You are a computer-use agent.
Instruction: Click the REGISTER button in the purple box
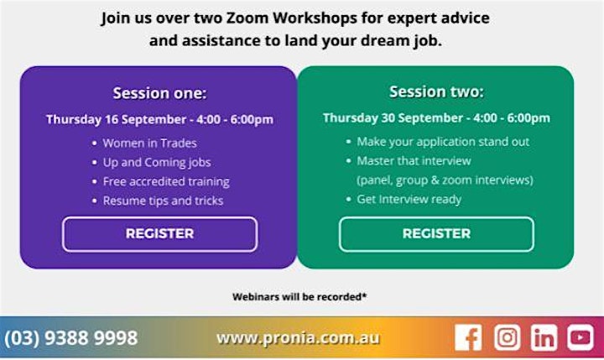pos(160,234)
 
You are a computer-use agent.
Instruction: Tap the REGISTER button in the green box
pos(436,234)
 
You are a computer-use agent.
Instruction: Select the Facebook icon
pos(468,337)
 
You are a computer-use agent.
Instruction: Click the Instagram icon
pos(508,337)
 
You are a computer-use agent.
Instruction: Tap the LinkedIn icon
pos(544,337)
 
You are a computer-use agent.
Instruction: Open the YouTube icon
pos(581,337)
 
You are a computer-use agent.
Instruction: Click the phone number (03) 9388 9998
pos(70,338)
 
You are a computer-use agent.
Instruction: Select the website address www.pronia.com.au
pos(298,338)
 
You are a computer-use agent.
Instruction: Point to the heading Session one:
pos(160,93)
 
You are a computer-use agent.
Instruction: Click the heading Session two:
pos(436,91)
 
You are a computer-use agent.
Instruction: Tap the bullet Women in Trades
pos(149,143)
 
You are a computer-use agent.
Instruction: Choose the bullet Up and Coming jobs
pos(157,163)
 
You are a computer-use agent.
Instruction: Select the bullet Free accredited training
pos(166,181)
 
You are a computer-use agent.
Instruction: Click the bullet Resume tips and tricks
pos(163,201)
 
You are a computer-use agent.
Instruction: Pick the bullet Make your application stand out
pos(443,142)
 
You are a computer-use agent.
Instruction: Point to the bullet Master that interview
pos(414,161)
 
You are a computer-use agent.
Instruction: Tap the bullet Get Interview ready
pos(409,199)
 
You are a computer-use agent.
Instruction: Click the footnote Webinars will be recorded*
pos(299,297)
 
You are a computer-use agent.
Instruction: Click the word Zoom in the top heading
pos(247,18)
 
